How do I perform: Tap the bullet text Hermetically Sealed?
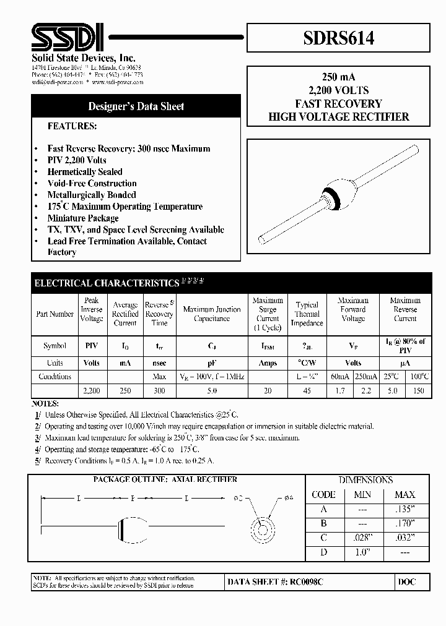click(x=85, y=172)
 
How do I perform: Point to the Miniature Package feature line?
click(x=83, y=218)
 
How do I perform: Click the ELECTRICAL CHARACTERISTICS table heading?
click(x=106, y=283)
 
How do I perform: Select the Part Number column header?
click(x=55, y=314)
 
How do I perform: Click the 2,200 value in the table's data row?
click(x=91, y=391)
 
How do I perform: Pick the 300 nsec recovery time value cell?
click(x=159, y=391)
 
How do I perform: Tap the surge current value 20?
click(x=268, y=391)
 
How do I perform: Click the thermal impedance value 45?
click(x=307, y=391)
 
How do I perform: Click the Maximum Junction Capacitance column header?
click(x=211, y=314)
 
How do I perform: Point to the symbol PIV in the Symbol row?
click(x=91, y=346)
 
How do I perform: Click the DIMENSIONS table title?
click(x=365, y=480)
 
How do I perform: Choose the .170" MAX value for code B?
click(x=405, y=523)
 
